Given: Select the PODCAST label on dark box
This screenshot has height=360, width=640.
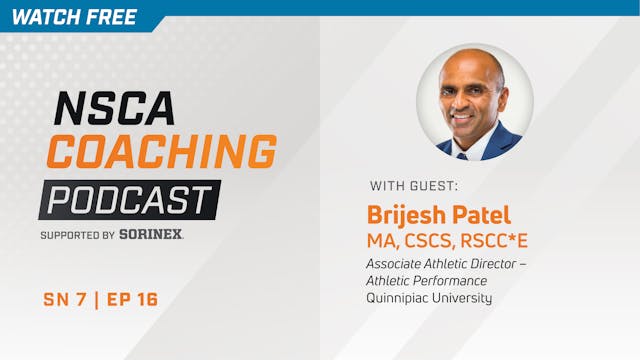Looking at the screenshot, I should tap(130, 198).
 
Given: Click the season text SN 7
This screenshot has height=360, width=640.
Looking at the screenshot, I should tap(65, 300).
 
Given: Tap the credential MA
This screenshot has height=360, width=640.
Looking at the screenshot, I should tap(384, 240).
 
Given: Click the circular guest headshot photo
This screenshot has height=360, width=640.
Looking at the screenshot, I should tap(474, 101).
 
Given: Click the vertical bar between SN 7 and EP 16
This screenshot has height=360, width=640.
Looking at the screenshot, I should tap(96, 300).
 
